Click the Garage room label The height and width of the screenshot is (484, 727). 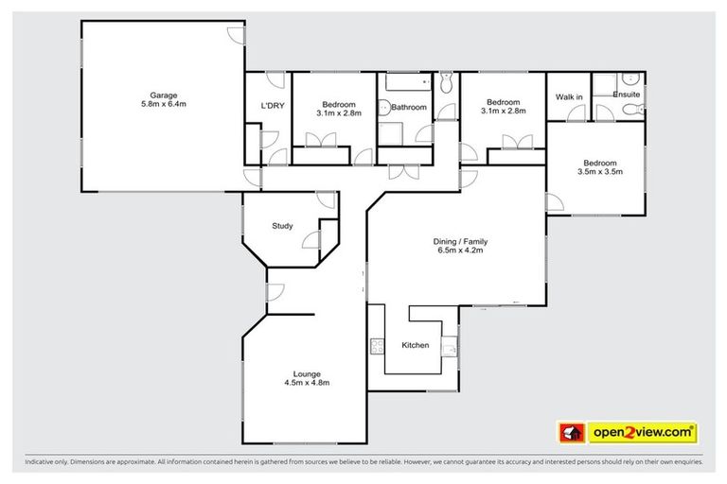point(163,95)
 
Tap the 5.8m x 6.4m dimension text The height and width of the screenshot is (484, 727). point(163,104)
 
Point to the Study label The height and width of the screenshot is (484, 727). point(282,226)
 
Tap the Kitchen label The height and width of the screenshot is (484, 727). point(415,345)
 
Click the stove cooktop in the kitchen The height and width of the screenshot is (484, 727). point(377,345)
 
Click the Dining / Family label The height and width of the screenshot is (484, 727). point(460,241)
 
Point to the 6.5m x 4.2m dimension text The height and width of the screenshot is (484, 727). point(460,251)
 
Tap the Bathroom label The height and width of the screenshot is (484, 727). point(409,108)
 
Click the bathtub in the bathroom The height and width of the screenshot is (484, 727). point(404,83)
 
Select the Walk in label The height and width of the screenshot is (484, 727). point(569,96)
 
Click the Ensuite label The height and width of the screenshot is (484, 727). point(626,95)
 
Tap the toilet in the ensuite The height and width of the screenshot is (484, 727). point(634,111)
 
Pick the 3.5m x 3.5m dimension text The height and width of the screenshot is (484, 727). point(599,171)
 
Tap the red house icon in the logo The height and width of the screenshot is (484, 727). point(571,433)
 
